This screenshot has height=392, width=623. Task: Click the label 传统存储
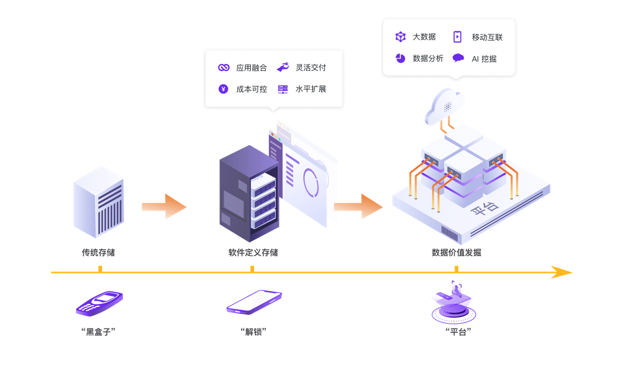point(98,252)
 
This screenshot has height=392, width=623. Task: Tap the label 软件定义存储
point(253,252)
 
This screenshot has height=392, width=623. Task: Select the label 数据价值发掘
point(456,252)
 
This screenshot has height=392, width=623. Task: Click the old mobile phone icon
point(99,303)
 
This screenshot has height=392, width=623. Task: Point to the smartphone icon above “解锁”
point(253,302)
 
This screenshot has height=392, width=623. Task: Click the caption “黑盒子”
point(98,332)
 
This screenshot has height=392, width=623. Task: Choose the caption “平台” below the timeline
point(458,332)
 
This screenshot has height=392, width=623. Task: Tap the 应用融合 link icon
point(224,68)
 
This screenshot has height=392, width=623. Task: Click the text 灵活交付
point(311,68)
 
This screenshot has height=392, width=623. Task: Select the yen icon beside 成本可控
point(223,89)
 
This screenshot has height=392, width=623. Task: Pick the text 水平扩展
point(311,89)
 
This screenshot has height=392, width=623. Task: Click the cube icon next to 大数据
point(400,37)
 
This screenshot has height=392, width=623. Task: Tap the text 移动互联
point(487,37)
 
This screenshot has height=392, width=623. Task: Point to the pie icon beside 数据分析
point(400,58)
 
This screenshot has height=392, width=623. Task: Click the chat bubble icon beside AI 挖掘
point(458,58)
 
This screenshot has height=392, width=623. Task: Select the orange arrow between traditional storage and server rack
point(164,207)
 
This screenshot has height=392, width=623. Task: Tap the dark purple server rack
point(248,194)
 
